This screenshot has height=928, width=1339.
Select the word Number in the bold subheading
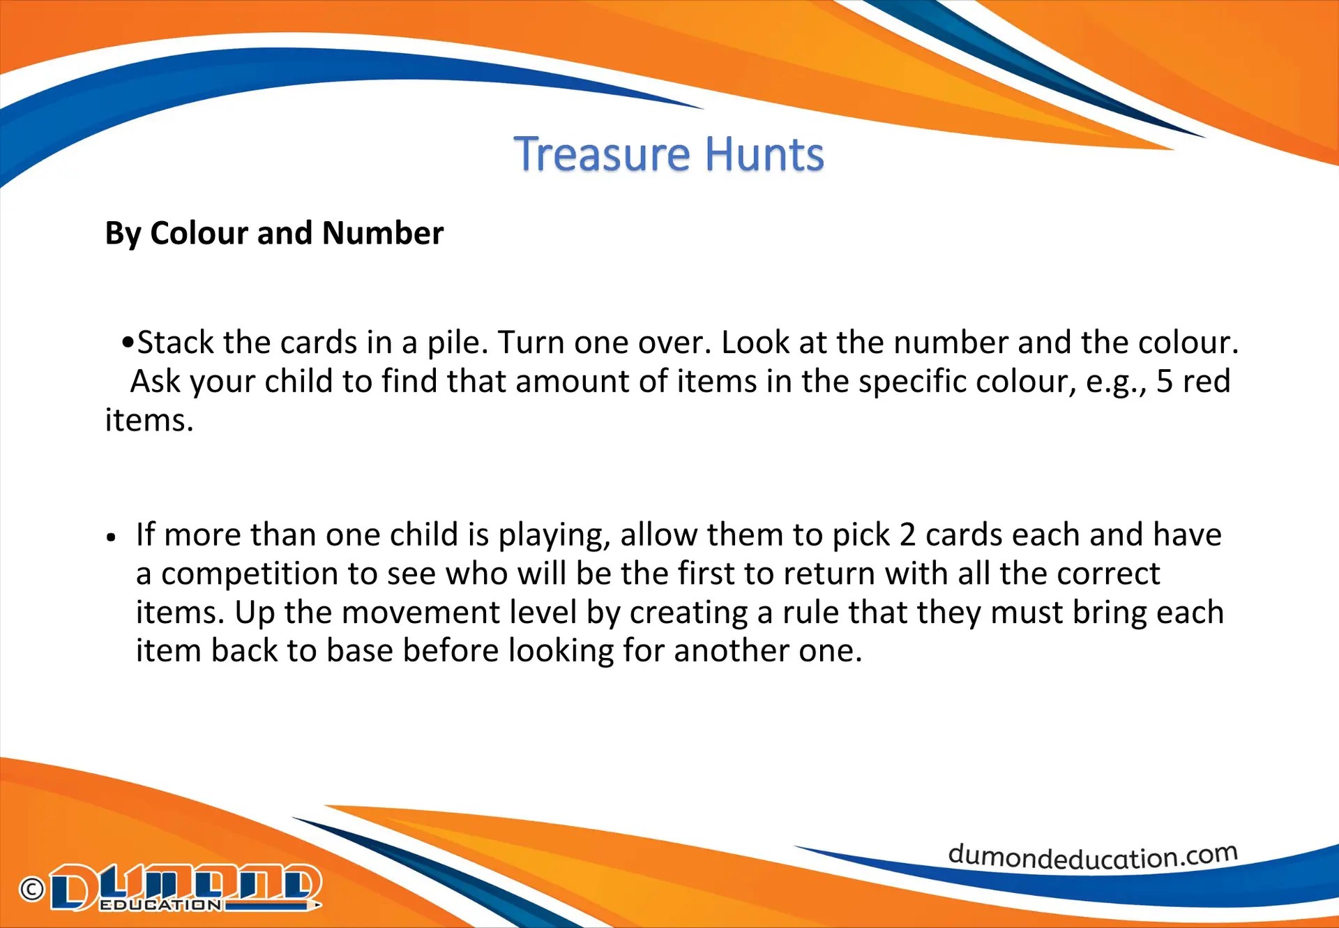383,233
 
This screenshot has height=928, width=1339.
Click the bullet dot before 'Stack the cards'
127,343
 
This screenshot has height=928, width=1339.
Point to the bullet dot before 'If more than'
111,537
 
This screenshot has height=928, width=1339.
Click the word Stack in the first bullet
175,343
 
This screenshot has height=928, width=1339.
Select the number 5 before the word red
1165,382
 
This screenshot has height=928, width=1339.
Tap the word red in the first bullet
1206,382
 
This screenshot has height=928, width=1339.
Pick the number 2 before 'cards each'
907,535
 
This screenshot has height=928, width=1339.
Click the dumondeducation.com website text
1093,856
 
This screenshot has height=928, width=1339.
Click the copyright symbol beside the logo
32,889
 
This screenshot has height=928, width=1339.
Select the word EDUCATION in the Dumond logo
160,905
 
